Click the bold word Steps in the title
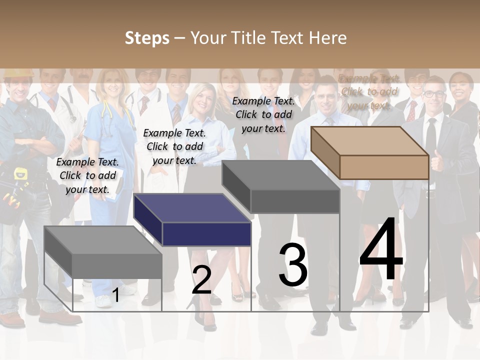pyautogui.click(x=147, y=38)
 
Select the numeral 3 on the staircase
pyautogui.click(x=293, y=265)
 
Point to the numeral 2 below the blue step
pyautogui.click(x=201, y=280)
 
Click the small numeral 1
pyautogui.click(x=115, y=295)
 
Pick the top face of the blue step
pyautogui.click(x=192, y=208)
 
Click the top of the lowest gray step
pyautogui.click(x=102, y=240)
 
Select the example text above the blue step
pyautogui.click(x=174, y=146)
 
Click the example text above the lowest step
pyautogui.click(x=87, y=175)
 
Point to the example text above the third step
pyautogui.click(x=263, y=114)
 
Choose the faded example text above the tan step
pyautogui.click(x=369, y=92)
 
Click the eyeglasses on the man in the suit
pyautogui.click(x=434, y=93)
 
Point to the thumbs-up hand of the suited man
pyautogui.click(x=437, y=163)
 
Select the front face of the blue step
pyautogui.click(x=206, y=234)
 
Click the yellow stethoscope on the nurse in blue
pyautogui.click(x=106, y=112)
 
